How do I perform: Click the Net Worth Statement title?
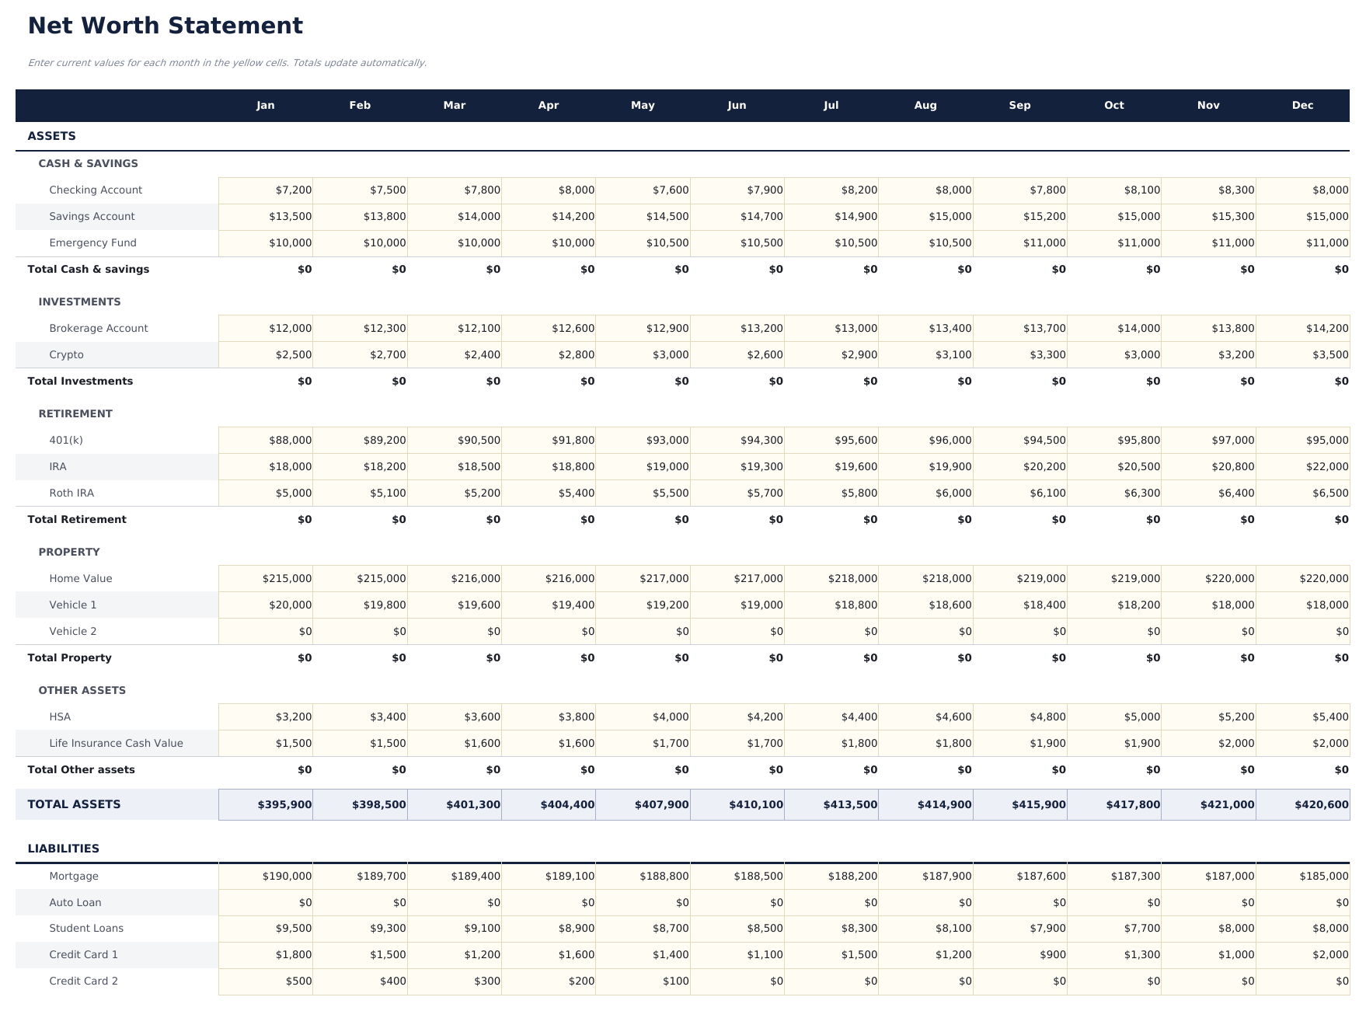(165, 26)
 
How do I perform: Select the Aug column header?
(925, 106)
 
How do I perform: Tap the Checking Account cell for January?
(266, 190)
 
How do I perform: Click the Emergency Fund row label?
(92, 243)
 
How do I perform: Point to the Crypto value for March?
(455, 355)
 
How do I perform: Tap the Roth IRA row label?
(71, 493)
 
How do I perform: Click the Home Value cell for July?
(831, 579)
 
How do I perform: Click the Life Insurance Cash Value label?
(116, 744)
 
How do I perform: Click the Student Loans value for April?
(549, 929)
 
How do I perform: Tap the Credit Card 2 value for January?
(266, 981)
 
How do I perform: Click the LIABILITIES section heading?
(63, 849)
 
